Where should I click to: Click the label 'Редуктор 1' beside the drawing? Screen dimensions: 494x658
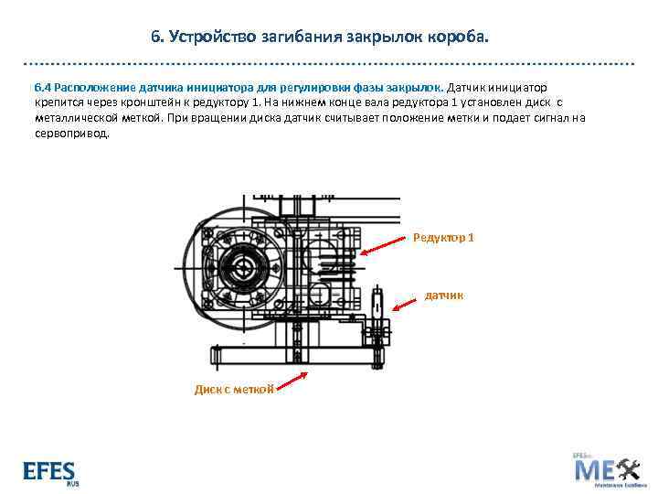pyautogui.click(x=443, y=238)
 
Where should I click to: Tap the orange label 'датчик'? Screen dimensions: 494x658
pyautogui.click(x=443, y=295)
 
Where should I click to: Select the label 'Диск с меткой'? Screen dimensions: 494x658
pyautogui.click(x=234, y=389)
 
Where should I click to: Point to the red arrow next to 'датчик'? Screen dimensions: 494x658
pyautogui.click(x=404, y=304)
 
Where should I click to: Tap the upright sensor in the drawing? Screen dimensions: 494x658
pyautogui.click(x=379, y=306)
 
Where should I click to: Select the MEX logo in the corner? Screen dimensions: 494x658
pyautogui.click(x=606, y=470)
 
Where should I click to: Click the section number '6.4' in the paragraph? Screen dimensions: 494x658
pyautogui.click(x=43, y=87)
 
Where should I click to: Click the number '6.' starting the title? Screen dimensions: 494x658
pyautogui.click(x=157, y=38)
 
